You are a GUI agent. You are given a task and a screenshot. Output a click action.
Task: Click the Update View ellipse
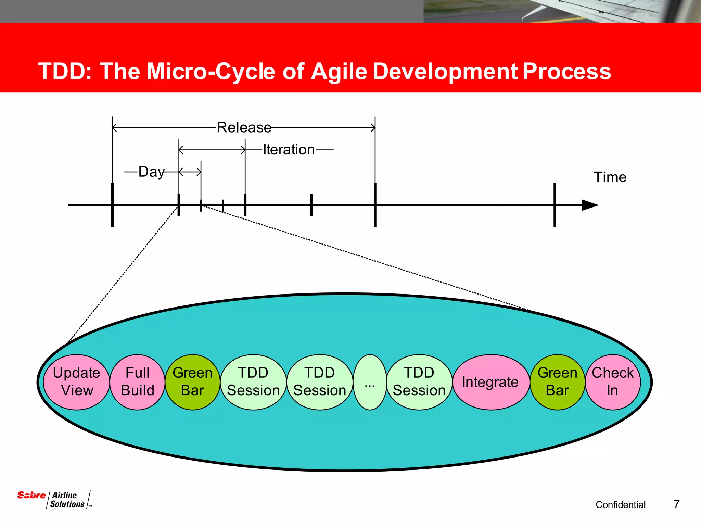77,382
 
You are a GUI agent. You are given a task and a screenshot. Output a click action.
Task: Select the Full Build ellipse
138,382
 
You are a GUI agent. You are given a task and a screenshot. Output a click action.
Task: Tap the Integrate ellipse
490,382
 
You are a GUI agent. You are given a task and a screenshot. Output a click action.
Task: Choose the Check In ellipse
613,382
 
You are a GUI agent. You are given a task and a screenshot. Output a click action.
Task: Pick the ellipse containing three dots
370,382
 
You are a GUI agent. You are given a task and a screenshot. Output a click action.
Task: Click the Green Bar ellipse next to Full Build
193,382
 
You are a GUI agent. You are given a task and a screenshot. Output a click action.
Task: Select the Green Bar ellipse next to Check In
557,382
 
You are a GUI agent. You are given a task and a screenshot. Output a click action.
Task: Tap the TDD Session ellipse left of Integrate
419,382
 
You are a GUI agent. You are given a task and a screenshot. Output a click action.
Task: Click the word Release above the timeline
244,127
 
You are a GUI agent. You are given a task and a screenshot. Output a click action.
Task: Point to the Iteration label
289,150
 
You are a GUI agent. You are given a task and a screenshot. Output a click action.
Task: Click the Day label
151,172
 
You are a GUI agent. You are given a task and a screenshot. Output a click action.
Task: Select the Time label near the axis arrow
610,177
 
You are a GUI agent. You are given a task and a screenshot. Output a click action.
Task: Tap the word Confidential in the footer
621,504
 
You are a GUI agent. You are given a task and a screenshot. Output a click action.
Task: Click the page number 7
676,504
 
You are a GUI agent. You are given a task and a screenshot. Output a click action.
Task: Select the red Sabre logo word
31,495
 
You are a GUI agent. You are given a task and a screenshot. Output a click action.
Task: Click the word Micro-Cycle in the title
211,71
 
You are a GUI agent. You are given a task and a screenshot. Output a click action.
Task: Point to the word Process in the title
567,71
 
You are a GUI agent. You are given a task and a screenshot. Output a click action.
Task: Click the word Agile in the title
339,71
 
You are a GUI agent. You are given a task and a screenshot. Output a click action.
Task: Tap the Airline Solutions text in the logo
67,500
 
